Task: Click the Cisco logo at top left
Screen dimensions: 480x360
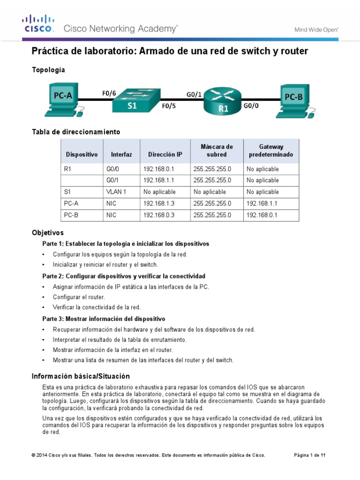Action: pyautogui.click(x=39, y=23)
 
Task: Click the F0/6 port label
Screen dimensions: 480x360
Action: pyautogui.click(x=109, y=93)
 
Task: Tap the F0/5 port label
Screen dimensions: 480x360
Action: pyautogui.click(x=168, y=106)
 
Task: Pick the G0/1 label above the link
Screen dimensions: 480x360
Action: pyautogui.click(x=194, y=94)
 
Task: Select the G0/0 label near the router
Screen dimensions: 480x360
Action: pyautogui.click(x=250, y=106)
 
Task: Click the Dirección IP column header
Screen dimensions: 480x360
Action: pyautogui.click(x=165, y=154)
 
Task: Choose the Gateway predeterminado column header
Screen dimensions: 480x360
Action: pyautogui.click(x=270, y=150)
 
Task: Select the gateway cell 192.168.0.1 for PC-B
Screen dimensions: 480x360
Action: pyautogui.click(x=262, y=215)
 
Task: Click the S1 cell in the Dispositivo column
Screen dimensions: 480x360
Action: pyautogui.click(x=67, y=192)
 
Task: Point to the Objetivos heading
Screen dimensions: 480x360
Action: pyautogui.click(x=47, y=232)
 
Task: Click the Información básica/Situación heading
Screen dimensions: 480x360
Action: pyautogui.click(x=81, y=376)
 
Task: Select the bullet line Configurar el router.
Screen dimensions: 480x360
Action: pyautogui.click(x=79, y=297)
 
